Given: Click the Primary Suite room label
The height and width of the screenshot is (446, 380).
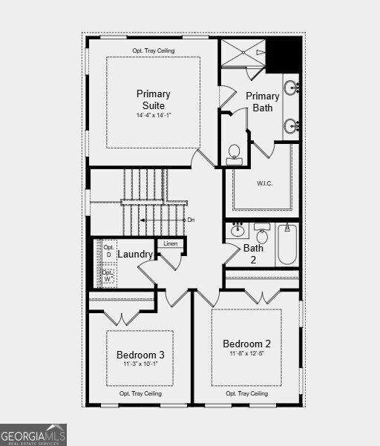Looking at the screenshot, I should [x=153, y=99].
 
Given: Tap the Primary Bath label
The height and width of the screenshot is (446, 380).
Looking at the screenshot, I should [x=263, y=102].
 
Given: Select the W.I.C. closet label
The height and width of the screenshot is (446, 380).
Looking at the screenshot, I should [x=266, y=183].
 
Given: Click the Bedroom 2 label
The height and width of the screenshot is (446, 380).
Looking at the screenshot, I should [x=247, y=344].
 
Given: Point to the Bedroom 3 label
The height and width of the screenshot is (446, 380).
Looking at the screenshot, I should [x=140, y=355].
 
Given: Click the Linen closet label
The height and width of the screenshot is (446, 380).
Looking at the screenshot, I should [x=171, y=243].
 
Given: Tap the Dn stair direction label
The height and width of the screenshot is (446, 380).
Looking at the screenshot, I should [x=191, y=220].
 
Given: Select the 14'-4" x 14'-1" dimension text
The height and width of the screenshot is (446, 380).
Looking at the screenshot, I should [x=153, y=116].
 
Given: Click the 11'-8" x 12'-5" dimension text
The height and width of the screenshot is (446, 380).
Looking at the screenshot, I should [x=247, y=355].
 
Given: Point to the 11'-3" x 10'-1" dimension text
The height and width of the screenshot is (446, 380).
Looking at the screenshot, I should [x=140, y=366].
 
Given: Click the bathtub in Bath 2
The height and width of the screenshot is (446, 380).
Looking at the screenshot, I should [x=287, y=245].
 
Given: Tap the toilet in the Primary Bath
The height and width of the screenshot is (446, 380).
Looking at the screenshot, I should [x=234, y=154].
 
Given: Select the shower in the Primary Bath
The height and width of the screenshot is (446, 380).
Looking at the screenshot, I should [x=243, y=53].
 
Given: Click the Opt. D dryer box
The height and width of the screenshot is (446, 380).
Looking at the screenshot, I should [x=108, y=251].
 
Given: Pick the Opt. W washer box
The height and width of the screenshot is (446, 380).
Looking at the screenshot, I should [x=108, y=276].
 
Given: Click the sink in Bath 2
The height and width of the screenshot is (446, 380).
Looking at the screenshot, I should [x=237, y=229].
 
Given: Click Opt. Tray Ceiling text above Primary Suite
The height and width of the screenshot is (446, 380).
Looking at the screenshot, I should [x=154, y=50].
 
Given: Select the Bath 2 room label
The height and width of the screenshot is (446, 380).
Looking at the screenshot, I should [x=254, y=254].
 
